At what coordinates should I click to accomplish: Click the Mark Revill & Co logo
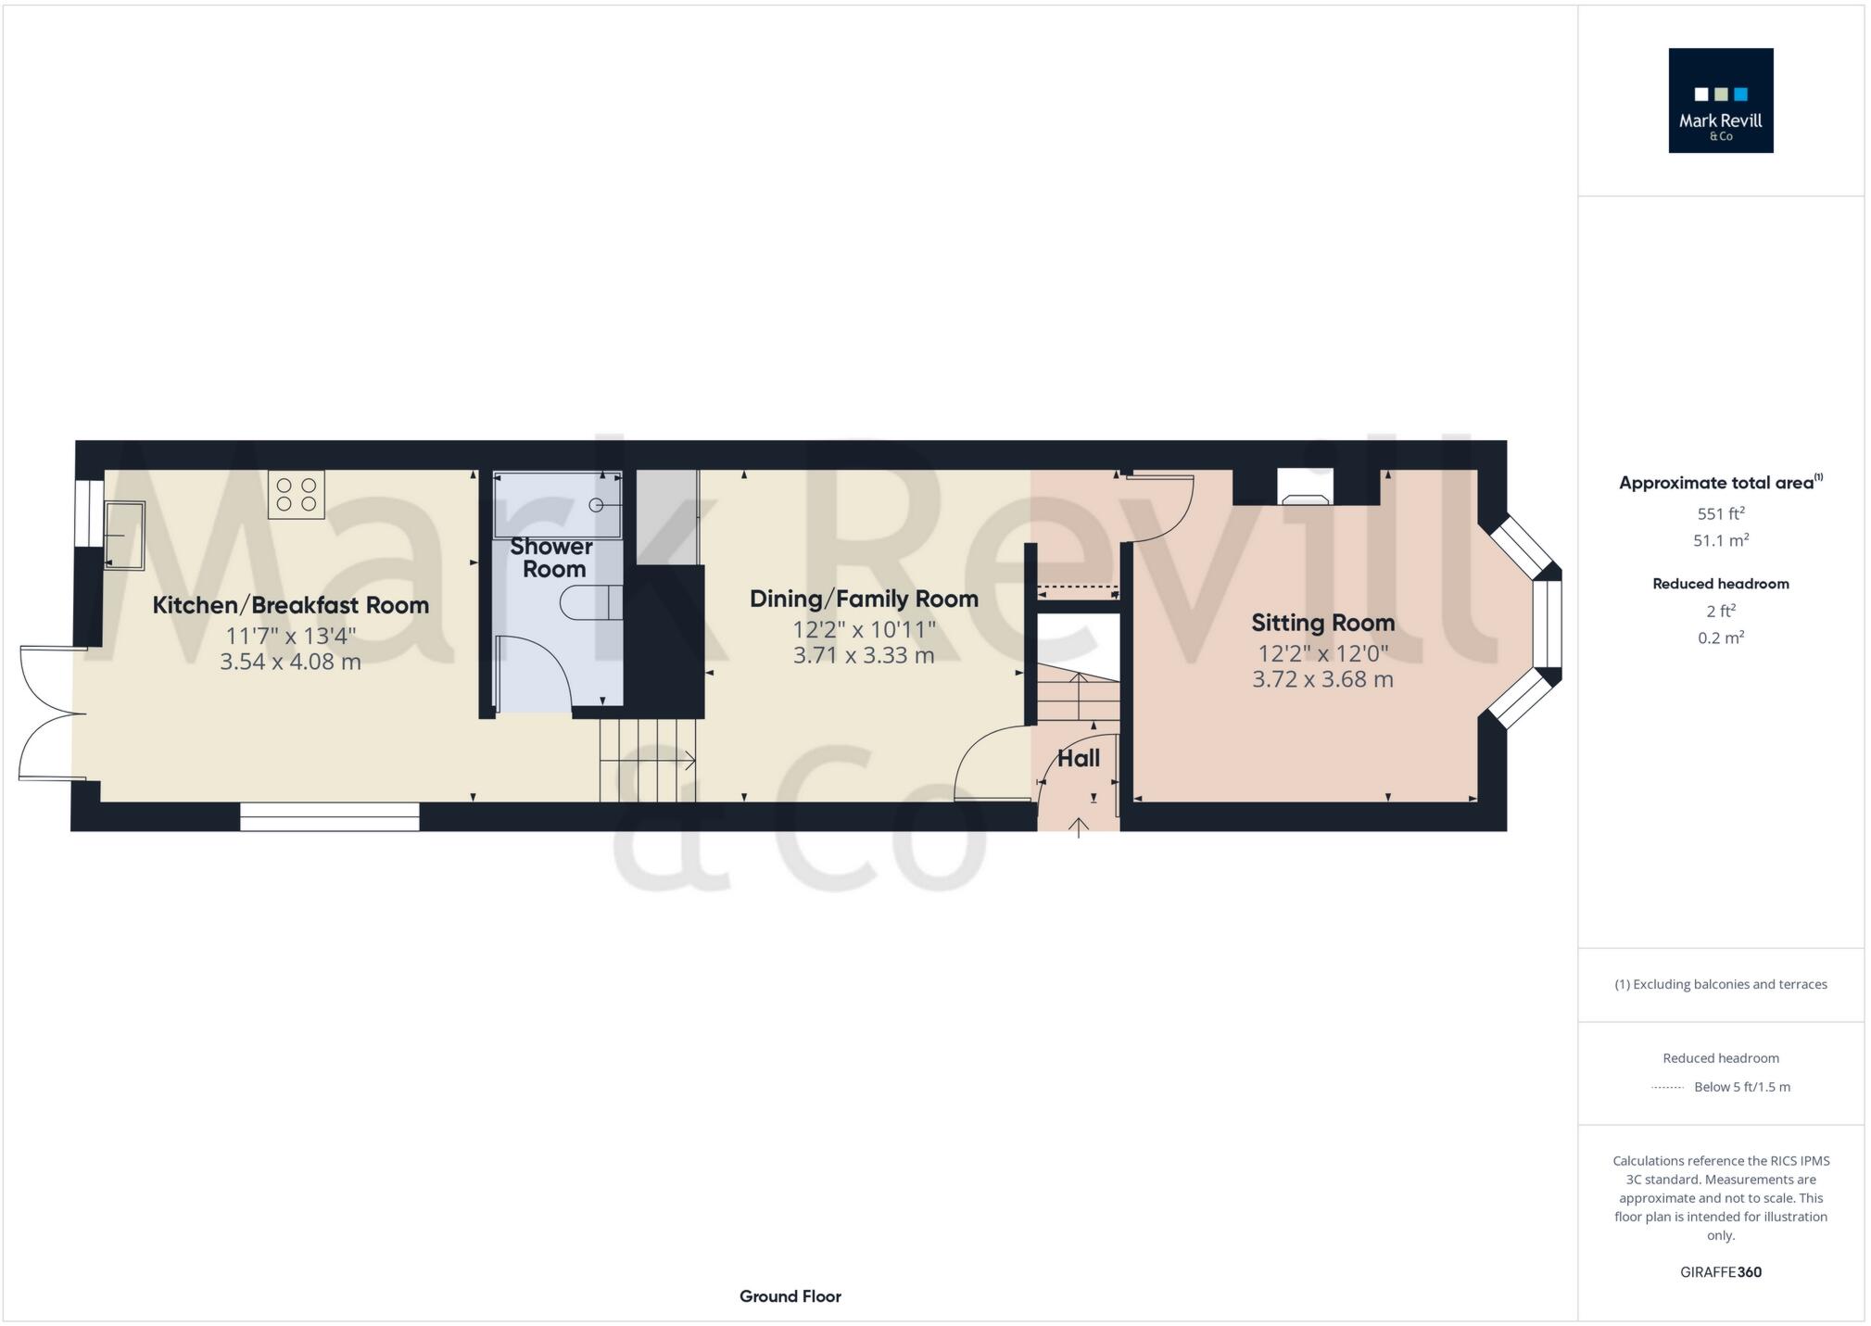tap(1720, 100)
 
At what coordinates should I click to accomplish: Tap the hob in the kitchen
tap(297, 495)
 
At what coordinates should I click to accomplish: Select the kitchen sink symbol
tap(124, 535)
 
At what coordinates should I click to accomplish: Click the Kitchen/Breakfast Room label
tap(290, 605)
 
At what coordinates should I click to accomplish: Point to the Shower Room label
tap(552, 558)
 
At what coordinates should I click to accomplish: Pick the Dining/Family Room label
tap(864, 599)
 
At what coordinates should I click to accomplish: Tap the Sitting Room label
tap(1322, 623)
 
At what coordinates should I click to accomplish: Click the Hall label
tap(1079, 758)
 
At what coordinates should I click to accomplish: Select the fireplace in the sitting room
tap(1305, 487)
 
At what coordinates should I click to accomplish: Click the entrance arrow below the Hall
tap(1079, 827)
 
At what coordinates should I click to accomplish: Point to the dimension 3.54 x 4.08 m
tap(290, 662)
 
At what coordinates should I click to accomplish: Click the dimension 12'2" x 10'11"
tap(864, 630)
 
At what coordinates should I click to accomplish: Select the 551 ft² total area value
tap(1720, 513)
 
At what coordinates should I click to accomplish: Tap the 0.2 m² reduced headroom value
tap(1720, 638)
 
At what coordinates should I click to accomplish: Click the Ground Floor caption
tap(790, 1296)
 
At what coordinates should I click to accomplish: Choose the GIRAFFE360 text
tap(1720, 1272)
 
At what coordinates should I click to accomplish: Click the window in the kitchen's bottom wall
tap(329, 816)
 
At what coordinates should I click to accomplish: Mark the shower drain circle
tap(597, 505)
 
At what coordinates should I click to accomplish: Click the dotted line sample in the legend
tap(1667, 1088)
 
